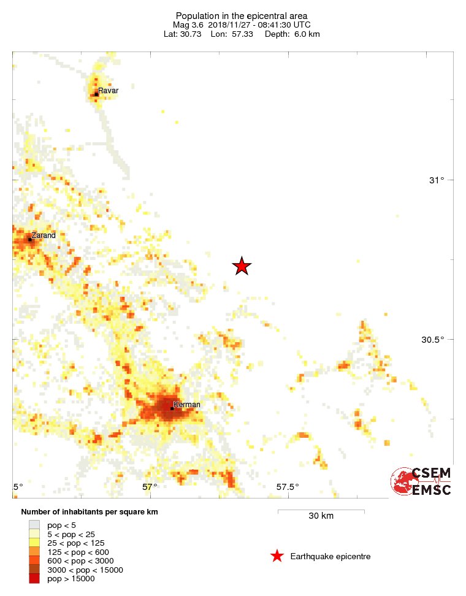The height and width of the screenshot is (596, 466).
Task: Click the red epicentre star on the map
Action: (242, 266)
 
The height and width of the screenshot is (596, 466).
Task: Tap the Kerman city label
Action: (187, 405)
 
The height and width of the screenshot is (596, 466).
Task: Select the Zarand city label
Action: (44, 235)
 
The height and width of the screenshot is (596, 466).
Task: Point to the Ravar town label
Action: (108, 91)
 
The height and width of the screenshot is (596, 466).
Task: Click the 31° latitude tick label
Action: (437, 180)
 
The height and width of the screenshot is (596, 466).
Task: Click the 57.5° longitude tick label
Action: (288, 487)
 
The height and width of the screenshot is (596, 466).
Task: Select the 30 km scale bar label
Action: (321, 516)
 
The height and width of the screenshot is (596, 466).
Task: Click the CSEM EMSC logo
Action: (422, 481)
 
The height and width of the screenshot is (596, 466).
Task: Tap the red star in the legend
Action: (277, 556)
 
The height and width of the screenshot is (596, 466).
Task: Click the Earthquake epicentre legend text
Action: (330, 557)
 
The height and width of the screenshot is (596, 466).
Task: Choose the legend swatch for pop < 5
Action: (34, 525)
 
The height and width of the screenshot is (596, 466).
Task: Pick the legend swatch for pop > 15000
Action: (34, 578)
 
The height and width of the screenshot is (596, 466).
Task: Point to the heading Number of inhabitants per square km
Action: (90, 512)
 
